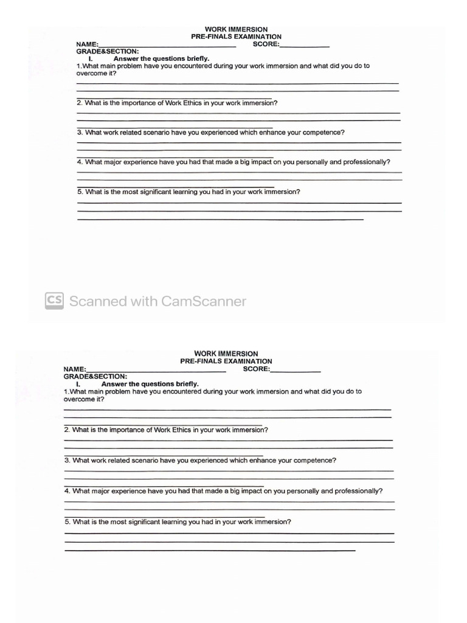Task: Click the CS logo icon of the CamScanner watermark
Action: (54, 301)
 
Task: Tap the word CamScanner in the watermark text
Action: (204, 301)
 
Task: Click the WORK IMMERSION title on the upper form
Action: (236, 29)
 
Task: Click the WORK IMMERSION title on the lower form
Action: (226, 353)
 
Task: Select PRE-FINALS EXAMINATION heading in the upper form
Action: (236, 37)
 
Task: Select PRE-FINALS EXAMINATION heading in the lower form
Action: (226, 361)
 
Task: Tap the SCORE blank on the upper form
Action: (305, 46)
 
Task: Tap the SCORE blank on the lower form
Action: (296, 371)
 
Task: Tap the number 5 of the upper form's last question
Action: (80, 192)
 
